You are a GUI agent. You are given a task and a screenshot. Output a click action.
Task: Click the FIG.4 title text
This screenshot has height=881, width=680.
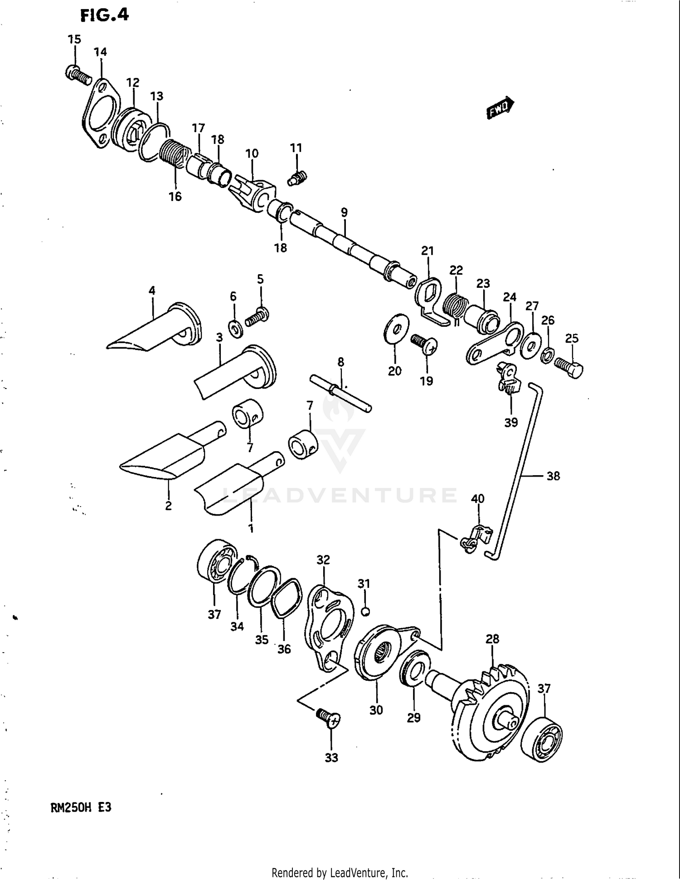tap(105, 15)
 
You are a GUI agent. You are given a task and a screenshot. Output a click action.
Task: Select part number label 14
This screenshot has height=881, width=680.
tap(100, 52)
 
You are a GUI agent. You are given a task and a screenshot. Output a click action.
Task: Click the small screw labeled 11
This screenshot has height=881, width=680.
tap(297, 178)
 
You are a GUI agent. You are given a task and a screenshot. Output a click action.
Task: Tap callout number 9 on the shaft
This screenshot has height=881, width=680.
tap(344, 212)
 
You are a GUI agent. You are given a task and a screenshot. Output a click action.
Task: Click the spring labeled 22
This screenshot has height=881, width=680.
tap(456, 304)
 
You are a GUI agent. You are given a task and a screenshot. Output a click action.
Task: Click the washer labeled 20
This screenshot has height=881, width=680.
tap(396, 329)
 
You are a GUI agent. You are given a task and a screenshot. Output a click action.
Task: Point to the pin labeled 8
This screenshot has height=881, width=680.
tap(340, 393)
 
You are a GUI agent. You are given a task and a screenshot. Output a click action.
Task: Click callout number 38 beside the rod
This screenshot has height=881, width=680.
tap(553, 476)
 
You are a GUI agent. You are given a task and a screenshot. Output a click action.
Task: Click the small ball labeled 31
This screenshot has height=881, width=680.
tap(366, 611)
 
